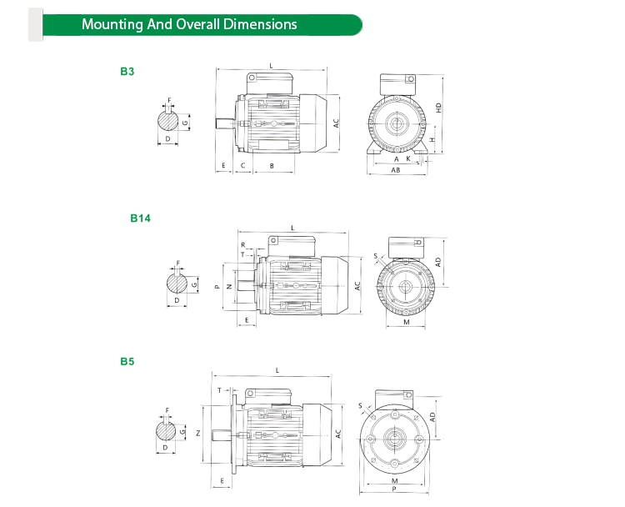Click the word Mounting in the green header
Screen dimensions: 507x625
pyautogui.click(x=112, y=24)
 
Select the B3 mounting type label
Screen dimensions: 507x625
pyautogui.click(x=127, y=72)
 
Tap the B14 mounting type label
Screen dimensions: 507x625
pyautogui.click(x=139, y=218)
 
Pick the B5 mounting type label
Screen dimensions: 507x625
pyautogui.click(x=127, y=362)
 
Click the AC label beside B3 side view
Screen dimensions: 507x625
pyautogui.click(x=337, y=122)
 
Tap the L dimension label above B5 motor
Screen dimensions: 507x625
pyautogui.click(x=276, y=370)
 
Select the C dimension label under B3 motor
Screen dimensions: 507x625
pyautogui.click(x=242, y=166)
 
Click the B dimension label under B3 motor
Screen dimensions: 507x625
pyautogui.click(x=272, y=166)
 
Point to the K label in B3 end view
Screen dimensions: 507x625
pyautogui.click(x=407, y=158)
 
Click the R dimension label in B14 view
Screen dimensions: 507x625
pyautogui.click(x=242, y=245)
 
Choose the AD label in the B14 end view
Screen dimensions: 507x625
pyautogui.click(x=437, y=261)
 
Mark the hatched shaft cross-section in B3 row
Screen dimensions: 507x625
pyautogui.click(x=169, y=121)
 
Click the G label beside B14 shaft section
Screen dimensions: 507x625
pyautogui.click(x=194, y=284)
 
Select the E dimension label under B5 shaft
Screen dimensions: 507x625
pyautogui.click(x=223, y=482)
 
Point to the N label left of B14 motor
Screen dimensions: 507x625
pyautogui.click(x=228, y=286)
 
